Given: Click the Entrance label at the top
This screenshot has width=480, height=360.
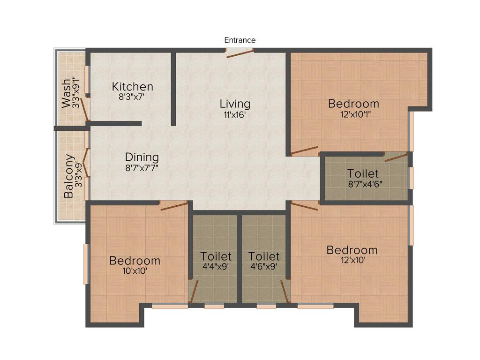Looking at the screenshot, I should point(240,40).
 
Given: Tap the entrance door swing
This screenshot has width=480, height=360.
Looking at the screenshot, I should point(240,53).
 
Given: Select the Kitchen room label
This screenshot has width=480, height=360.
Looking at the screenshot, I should point(133,87).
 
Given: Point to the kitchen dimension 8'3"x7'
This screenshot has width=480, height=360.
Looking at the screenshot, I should point(133,97).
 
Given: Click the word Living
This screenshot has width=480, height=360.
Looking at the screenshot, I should point(235,104).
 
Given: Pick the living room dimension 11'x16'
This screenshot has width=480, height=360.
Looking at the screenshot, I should point(235,114).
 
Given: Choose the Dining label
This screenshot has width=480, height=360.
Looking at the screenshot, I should point(142,157).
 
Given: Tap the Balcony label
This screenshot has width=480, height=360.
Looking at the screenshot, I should point(69,176).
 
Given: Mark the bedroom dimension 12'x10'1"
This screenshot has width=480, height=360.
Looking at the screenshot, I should point(353,114).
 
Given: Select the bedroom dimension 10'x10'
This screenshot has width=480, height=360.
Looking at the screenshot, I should point(135,270).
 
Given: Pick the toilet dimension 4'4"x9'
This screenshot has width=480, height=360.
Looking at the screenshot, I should point(216,267).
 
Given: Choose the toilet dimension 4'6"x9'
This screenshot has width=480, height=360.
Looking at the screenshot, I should point(264,267).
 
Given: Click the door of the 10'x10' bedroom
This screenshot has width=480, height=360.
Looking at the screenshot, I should point(174,205).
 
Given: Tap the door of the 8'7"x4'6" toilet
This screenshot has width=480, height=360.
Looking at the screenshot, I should point(397,157).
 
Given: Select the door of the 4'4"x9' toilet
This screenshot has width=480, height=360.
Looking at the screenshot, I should point(194,290).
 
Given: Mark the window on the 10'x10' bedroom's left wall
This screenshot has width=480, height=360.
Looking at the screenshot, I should point(86,263).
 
